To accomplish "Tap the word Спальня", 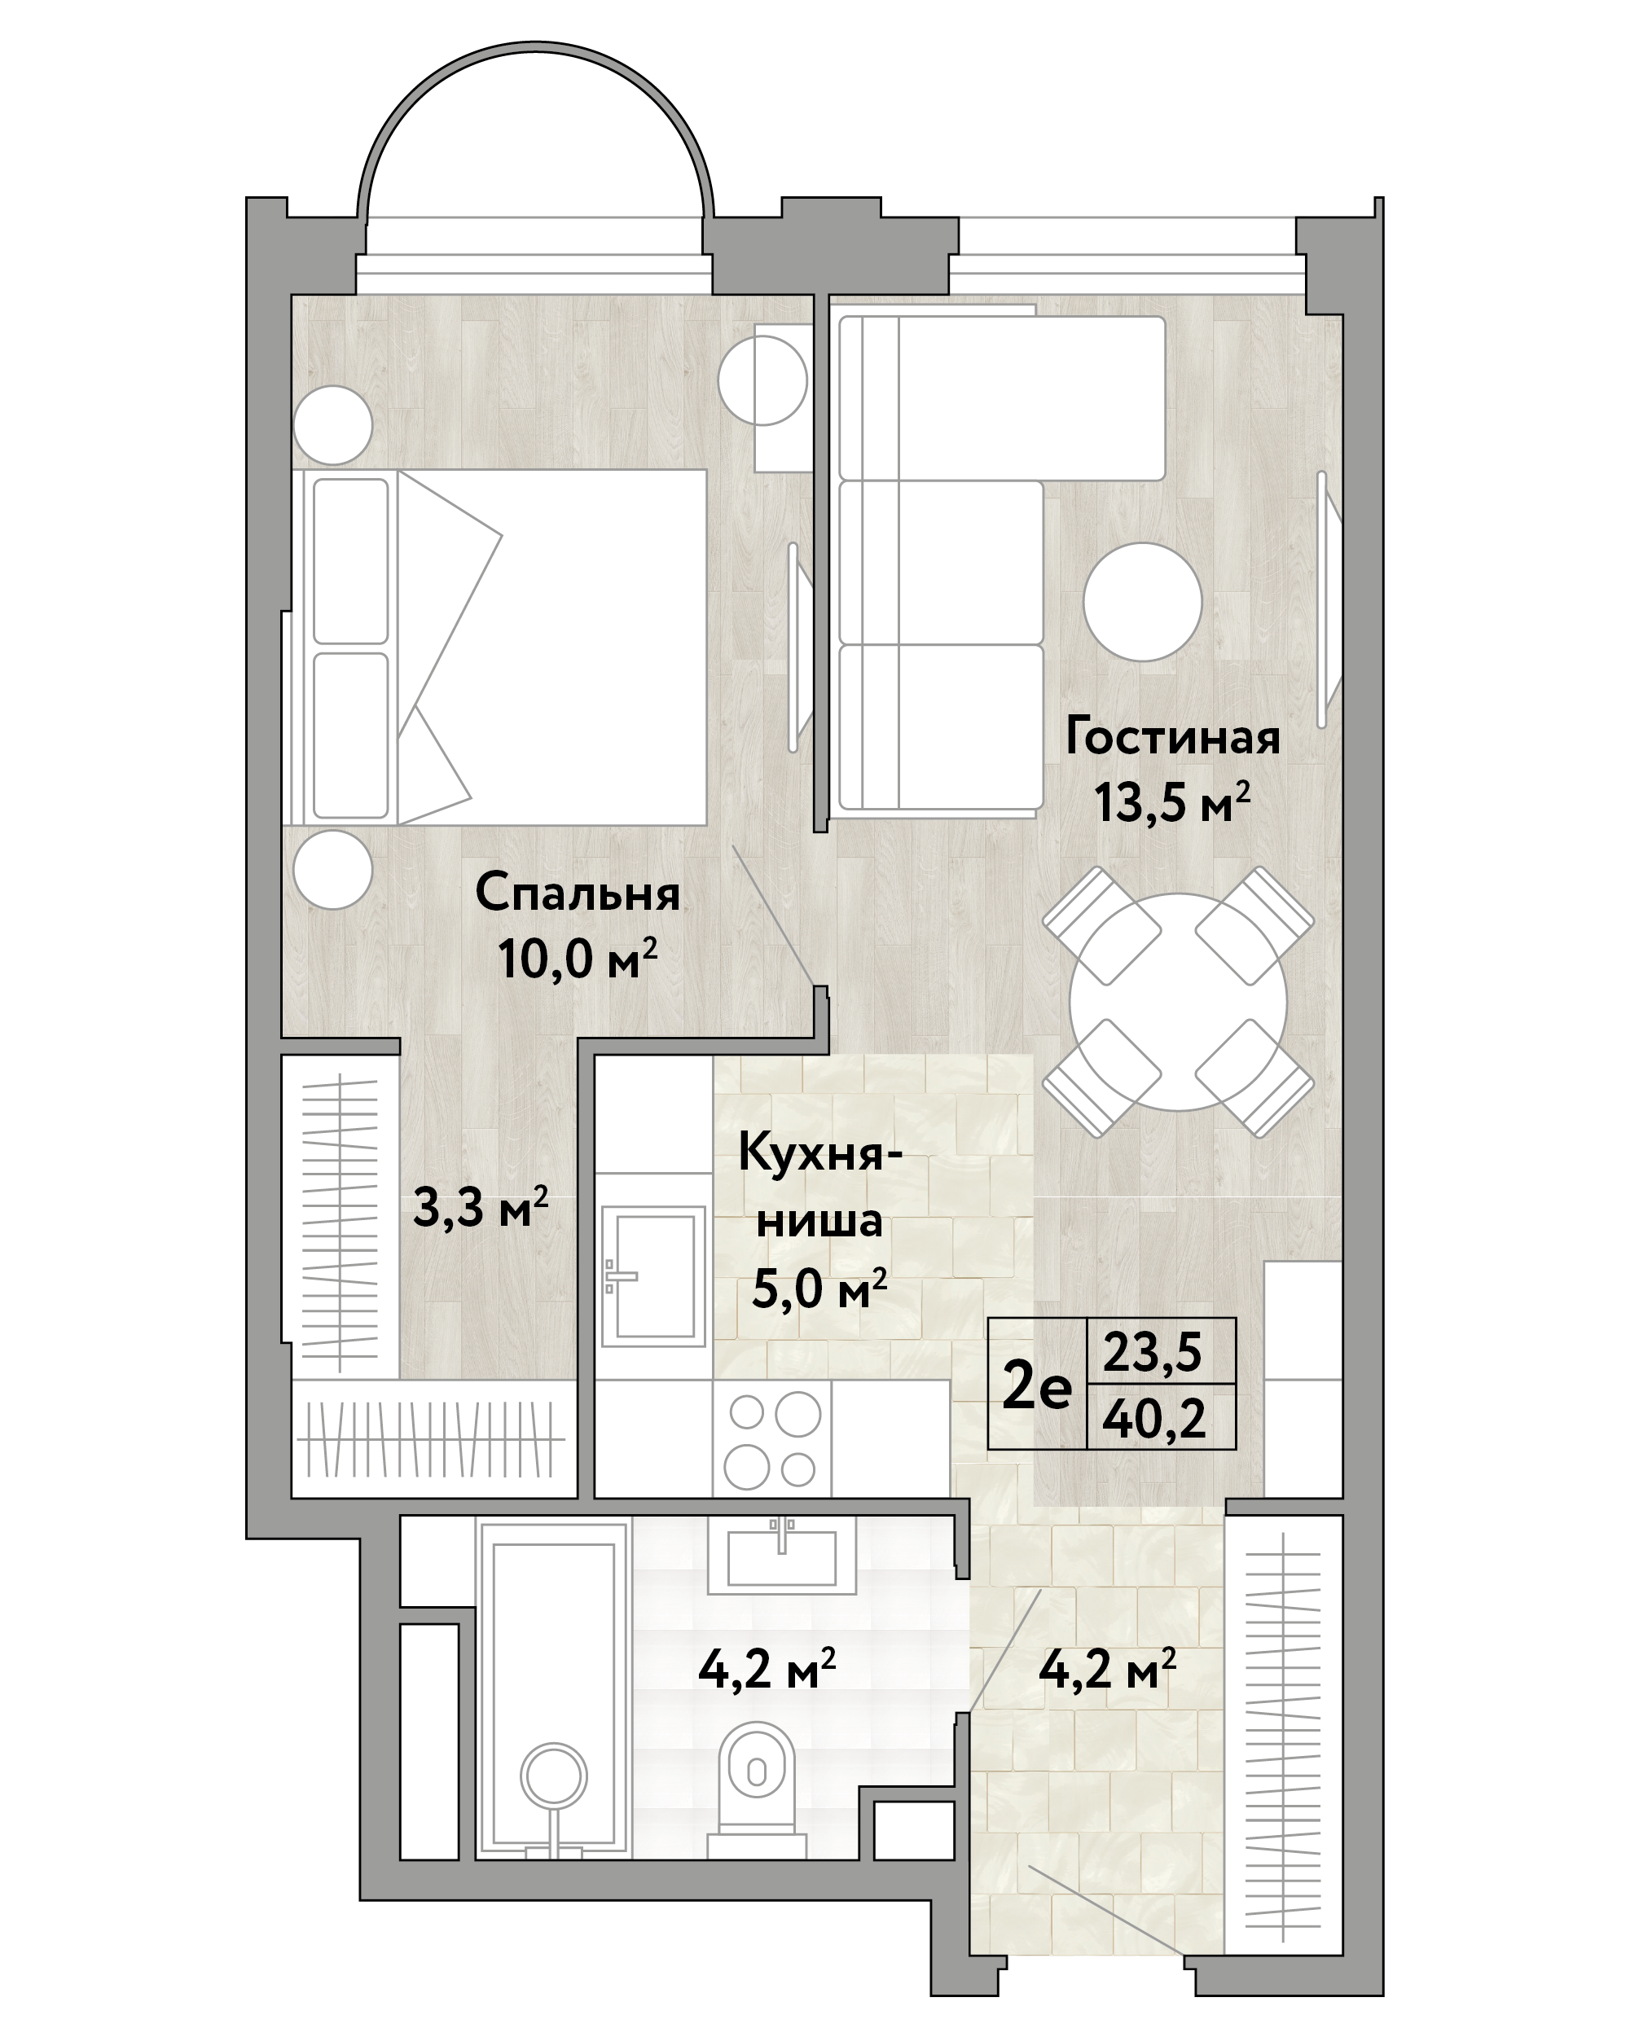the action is pos(578,893).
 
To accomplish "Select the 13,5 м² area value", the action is pos(1171,802).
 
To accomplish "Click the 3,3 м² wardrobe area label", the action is pos(480,1208).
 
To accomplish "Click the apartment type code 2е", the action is pos(1037,1387).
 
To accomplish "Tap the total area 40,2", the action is pos(1153,1418).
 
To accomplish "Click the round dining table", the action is pos(1179,1003).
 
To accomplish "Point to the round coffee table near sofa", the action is pos(1142,602).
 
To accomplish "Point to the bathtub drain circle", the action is pos(555,1776).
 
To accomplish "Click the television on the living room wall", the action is pos(1329,600).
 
